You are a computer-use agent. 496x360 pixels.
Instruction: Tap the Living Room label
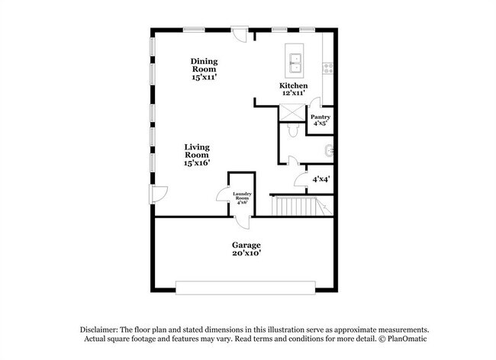(197, 150)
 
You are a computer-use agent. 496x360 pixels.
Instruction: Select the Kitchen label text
(293, 86)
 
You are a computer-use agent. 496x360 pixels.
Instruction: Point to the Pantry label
(320, 117)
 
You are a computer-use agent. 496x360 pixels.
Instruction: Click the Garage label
(246, 245)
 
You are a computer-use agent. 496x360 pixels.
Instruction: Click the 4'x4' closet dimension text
(320, 180)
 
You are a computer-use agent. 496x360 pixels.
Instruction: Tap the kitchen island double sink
(295, 62)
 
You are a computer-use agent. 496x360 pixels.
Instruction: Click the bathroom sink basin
(329, 149)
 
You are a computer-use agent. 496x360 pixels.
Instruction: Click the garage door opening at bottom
(246, 287)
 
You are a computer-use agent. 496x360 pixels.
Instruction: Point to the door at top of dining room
(240, 34)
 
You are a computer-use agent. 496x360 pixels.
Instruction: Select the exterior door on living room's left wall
(157, 193)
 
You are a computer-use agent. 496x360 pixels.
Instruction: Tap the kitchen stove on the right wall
(329, 66)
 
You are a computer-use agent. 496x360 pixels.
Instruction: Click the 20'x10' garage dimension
(246, 254)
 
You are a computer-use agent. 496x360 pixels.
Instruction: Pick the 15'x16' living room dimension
(197, 162)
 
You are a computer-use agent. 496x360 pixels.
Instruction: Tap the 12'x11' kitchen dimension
(293, 94)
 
